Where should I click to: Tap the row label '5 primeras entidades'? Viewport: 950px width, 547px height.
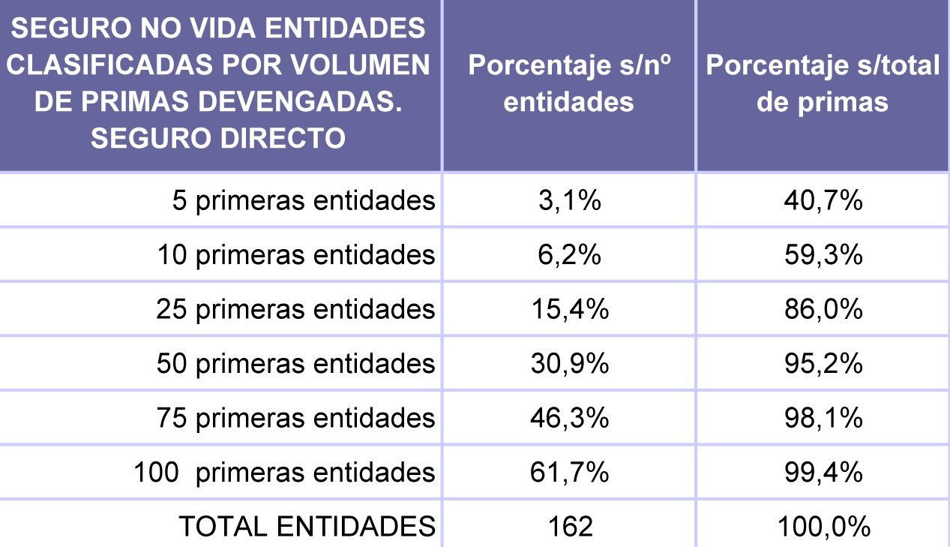(304, 201)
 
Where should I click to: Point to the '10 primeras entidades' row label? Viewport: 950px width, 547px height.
(296, 255)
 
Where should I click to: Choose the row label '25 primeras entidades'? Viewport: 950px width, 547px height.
(296, 309)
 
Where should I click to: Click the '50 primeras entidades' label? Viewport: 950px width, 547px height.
(296, 364)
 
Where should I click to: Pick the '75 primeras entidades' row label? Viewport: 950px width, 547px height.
(296, 418)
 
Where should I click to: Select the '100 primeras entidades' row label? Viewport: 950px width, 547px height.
(285, 473)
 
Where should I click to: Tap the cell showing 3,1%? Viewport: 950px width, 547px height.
(569, 201)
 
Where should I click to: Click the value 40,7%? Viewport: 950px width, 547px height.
(823, 201)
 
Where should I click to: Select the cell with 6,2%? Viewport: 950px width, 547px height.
(569, 255)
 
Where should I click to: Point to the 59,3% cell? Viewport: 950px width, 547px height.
(823, 255)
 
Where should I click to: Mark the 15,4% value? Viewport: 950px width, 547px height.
(569, 309)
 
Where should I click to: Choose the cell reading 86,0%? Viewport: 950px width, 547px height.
(823, 309)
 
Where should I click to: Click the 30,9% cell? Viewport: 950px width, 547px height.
(569, 364)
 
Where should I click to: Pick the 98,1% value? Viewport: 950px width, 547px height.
(823, 418)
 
